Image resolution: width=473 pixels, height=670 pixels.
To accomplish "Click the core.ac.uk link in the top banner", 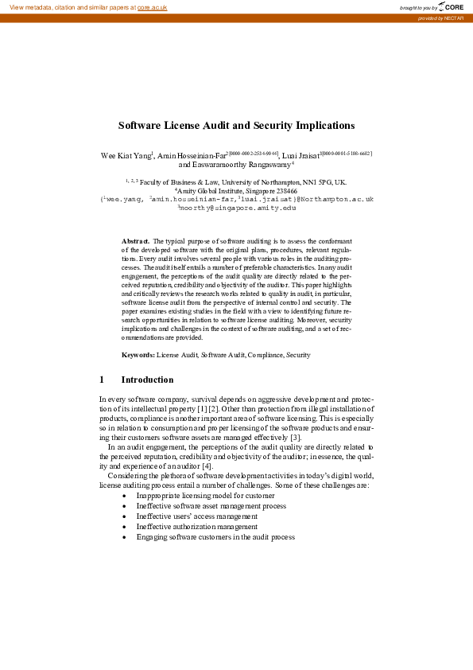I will pos(153,7).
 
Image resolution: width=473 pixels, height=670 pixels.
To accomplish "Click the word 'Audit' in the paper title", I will pos(217,126).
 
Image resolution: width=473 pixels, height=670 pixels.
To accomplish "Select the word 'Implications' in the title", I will pos(316,126).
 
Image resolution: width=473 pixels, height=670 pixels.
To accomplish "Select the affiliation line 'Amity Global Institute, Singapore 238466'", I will pos(237,191).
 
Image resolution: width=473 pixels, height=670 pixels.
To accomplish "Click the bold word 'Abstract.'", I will pos(135,240).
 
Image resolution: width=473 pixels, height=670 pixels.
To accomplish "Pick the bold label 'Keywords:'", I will pos(138,354).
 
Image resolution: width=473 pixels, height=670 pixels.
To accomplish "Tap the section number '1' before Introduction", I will pos(102,380).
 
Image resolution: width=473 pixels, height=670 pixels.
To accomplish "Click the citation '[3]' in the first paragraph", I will pos(295,437).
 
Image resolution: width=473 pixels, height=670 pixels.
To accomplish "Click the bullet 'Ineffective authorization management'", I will pos(196,527).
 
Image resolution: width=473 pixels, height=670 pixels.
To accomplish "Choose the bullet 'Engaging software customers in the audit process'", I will pos(215,537).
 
